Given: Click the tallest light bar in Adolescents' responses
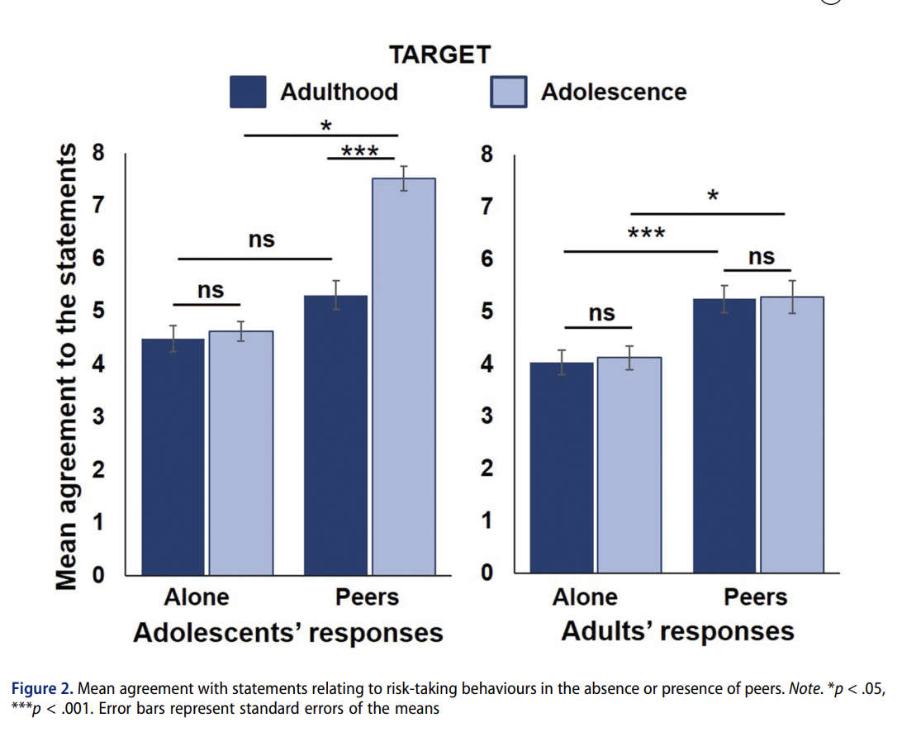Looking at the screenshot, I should click(403, 376).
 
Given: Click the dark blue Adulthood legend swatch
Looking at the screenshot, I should click(248, 92).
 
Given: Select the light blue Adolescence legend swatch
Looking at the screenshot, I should click(509, 92).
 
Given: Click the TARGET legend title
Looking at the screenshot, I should click(439, 55).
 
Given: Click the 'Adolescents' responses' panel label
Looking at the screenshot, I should click(287, 633).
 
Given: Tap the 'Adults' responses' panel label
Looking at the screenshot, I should click(677, 631).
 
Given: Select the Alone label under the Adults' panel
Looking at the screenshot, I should click(585, 597).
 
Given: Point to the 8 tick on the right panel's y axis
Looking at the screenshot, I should click(487, 154).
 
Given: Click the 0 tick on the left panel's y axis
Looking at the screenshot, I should click(98, 576).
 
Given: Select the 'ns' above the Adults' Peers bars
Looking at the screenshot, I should click(761, 258).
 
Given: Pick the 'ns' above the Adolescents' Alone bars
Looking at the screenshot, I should click(210, 291).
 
